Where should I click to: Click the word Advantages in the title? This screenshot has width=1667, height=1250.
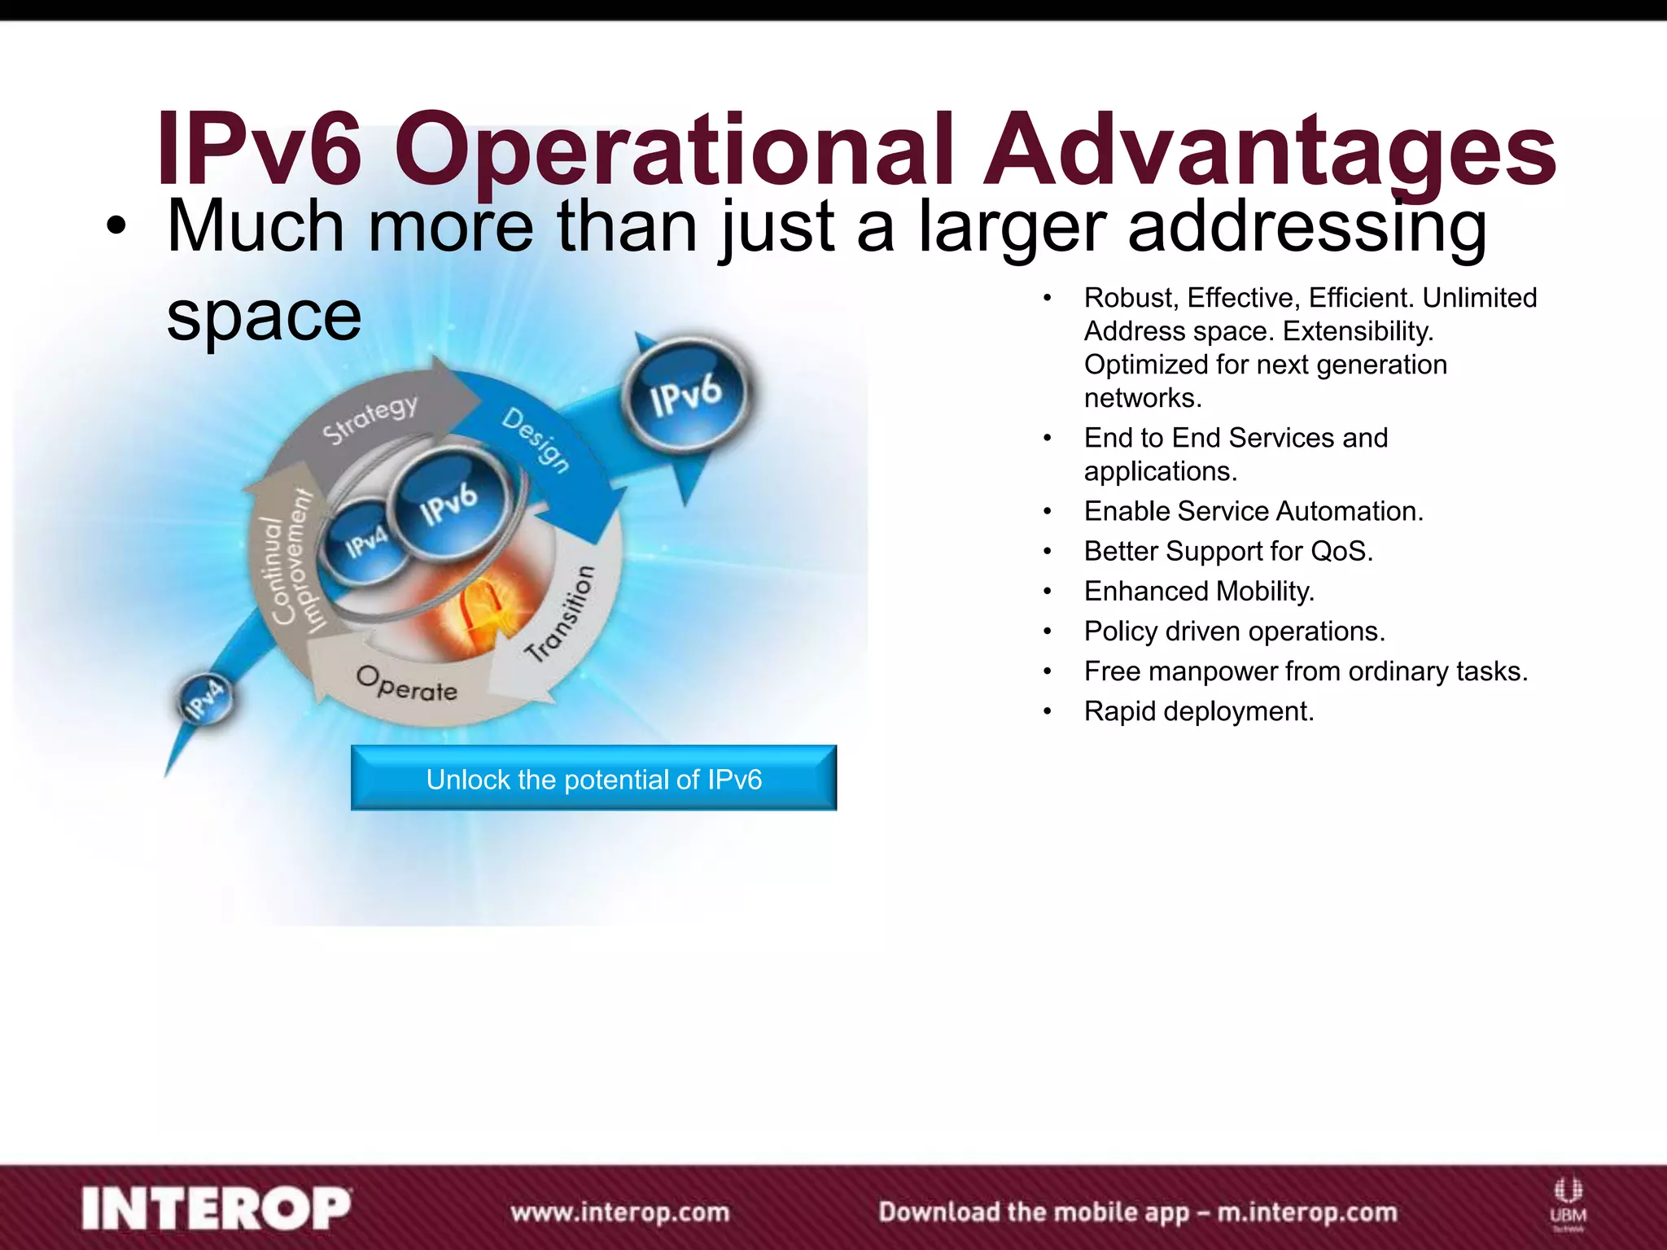1270,151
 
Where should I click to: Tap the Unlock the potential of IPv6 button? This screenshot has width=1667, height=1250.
593,779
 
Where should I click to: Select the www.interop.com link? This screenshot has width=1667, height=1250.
620,1213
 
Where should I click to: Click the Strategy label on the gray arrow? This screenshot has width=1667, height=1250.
370,418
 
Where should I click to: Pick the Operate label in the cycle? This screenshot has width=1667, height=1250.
407,684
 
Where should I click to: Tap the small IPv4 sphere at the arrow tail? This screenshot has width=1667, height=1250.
204,699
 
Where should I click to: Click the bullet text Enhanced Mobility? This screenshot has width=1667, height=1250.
1199,592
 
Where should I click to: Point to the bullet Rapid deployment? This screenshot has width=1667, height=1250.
1199,712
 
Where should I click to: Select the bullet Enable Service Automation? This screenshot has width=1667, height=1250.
1254,511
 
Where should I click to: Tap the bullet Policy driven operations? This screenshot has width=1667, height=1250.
1234,632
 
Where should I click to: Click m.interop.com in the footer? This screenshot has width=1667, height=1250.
1306,1213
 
